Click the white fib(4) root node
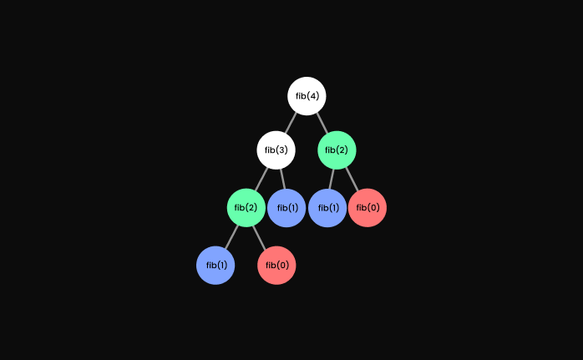pos(307,96)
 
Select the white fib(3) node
pos(276,150)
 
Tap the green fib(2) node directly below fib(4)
pos(337,150)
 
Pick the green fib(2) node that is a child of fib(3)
pos(246,208)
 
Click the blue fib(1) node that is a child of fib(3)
pos(286,208)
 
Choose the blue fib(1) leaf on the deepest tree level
pos(215,266)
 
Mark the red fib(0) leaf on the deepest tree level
pos(276,266)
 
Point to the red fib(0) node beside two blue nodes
pos(368,208)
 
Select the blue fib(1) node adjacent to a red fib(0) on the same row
pos(327,208)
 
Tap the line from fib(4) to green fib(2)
pos(322,123)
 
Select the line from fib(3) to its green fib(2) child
pos(261,178)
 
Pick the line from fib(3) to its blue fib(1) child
pos(281,179)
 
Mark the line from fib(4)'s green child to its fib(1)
pos(332,179)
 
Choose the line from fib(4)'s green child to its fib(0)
pos(352,179)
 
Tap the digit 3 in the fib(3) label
pos(283,150)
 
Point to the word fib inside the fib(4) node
pos(301,96)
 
